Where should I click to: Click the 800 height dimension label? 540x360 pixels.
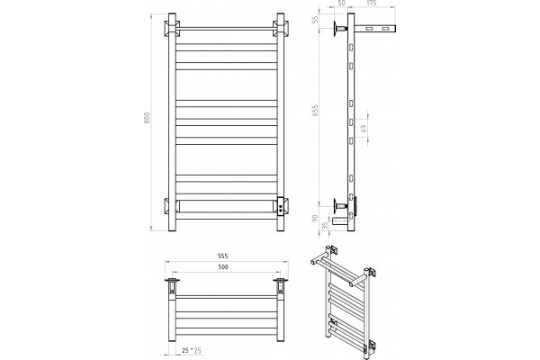click(x=147, y=118)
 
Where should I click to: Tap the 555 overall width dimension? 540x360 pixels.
click(x=223, y=256)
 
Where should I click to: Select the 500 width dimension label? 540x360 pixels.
click(x=223, y=267)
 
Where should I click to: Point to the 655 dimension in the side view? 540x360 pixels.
click(x=315, y=110)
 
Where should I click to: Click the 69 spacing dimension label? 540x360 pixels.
click(x=364, y=129)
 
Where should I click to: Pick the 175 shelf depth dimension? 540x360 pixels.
click(x=371, y=4)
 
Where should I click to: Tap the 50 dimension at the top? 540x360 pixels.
click(x=342, y=4)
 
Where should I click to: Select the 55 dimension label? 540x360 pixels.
click(x=315, y=21)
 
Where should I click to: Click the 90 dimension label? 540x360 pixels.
click(x=315, y=218)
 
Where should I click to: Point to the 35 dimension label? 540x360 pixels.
click(x=324, y=226)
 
